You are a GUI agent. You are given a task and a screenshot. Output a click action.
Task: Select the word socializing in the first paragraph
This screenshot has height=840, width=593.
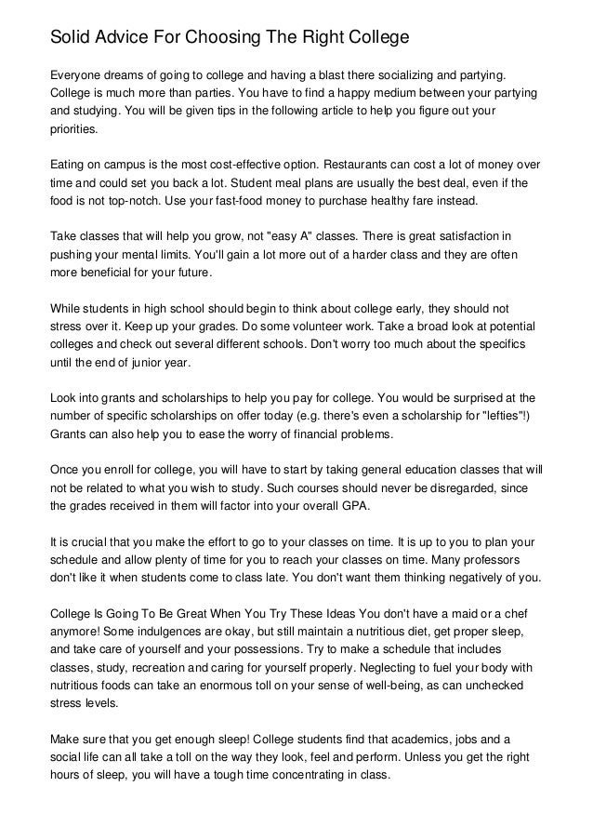click(x=389, y=73)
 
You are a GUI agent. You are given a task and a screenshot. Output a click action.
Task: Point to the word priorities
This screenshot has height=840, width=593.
click(x=80, y=132)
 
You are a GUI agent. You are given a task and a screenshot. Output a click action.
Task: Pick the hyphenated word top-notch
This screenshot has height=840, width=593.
click(x=145, y=202)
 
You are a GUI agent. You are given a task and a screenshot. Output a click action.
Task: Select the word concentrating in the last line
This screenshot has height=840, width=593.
click(x=322, y=777)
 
